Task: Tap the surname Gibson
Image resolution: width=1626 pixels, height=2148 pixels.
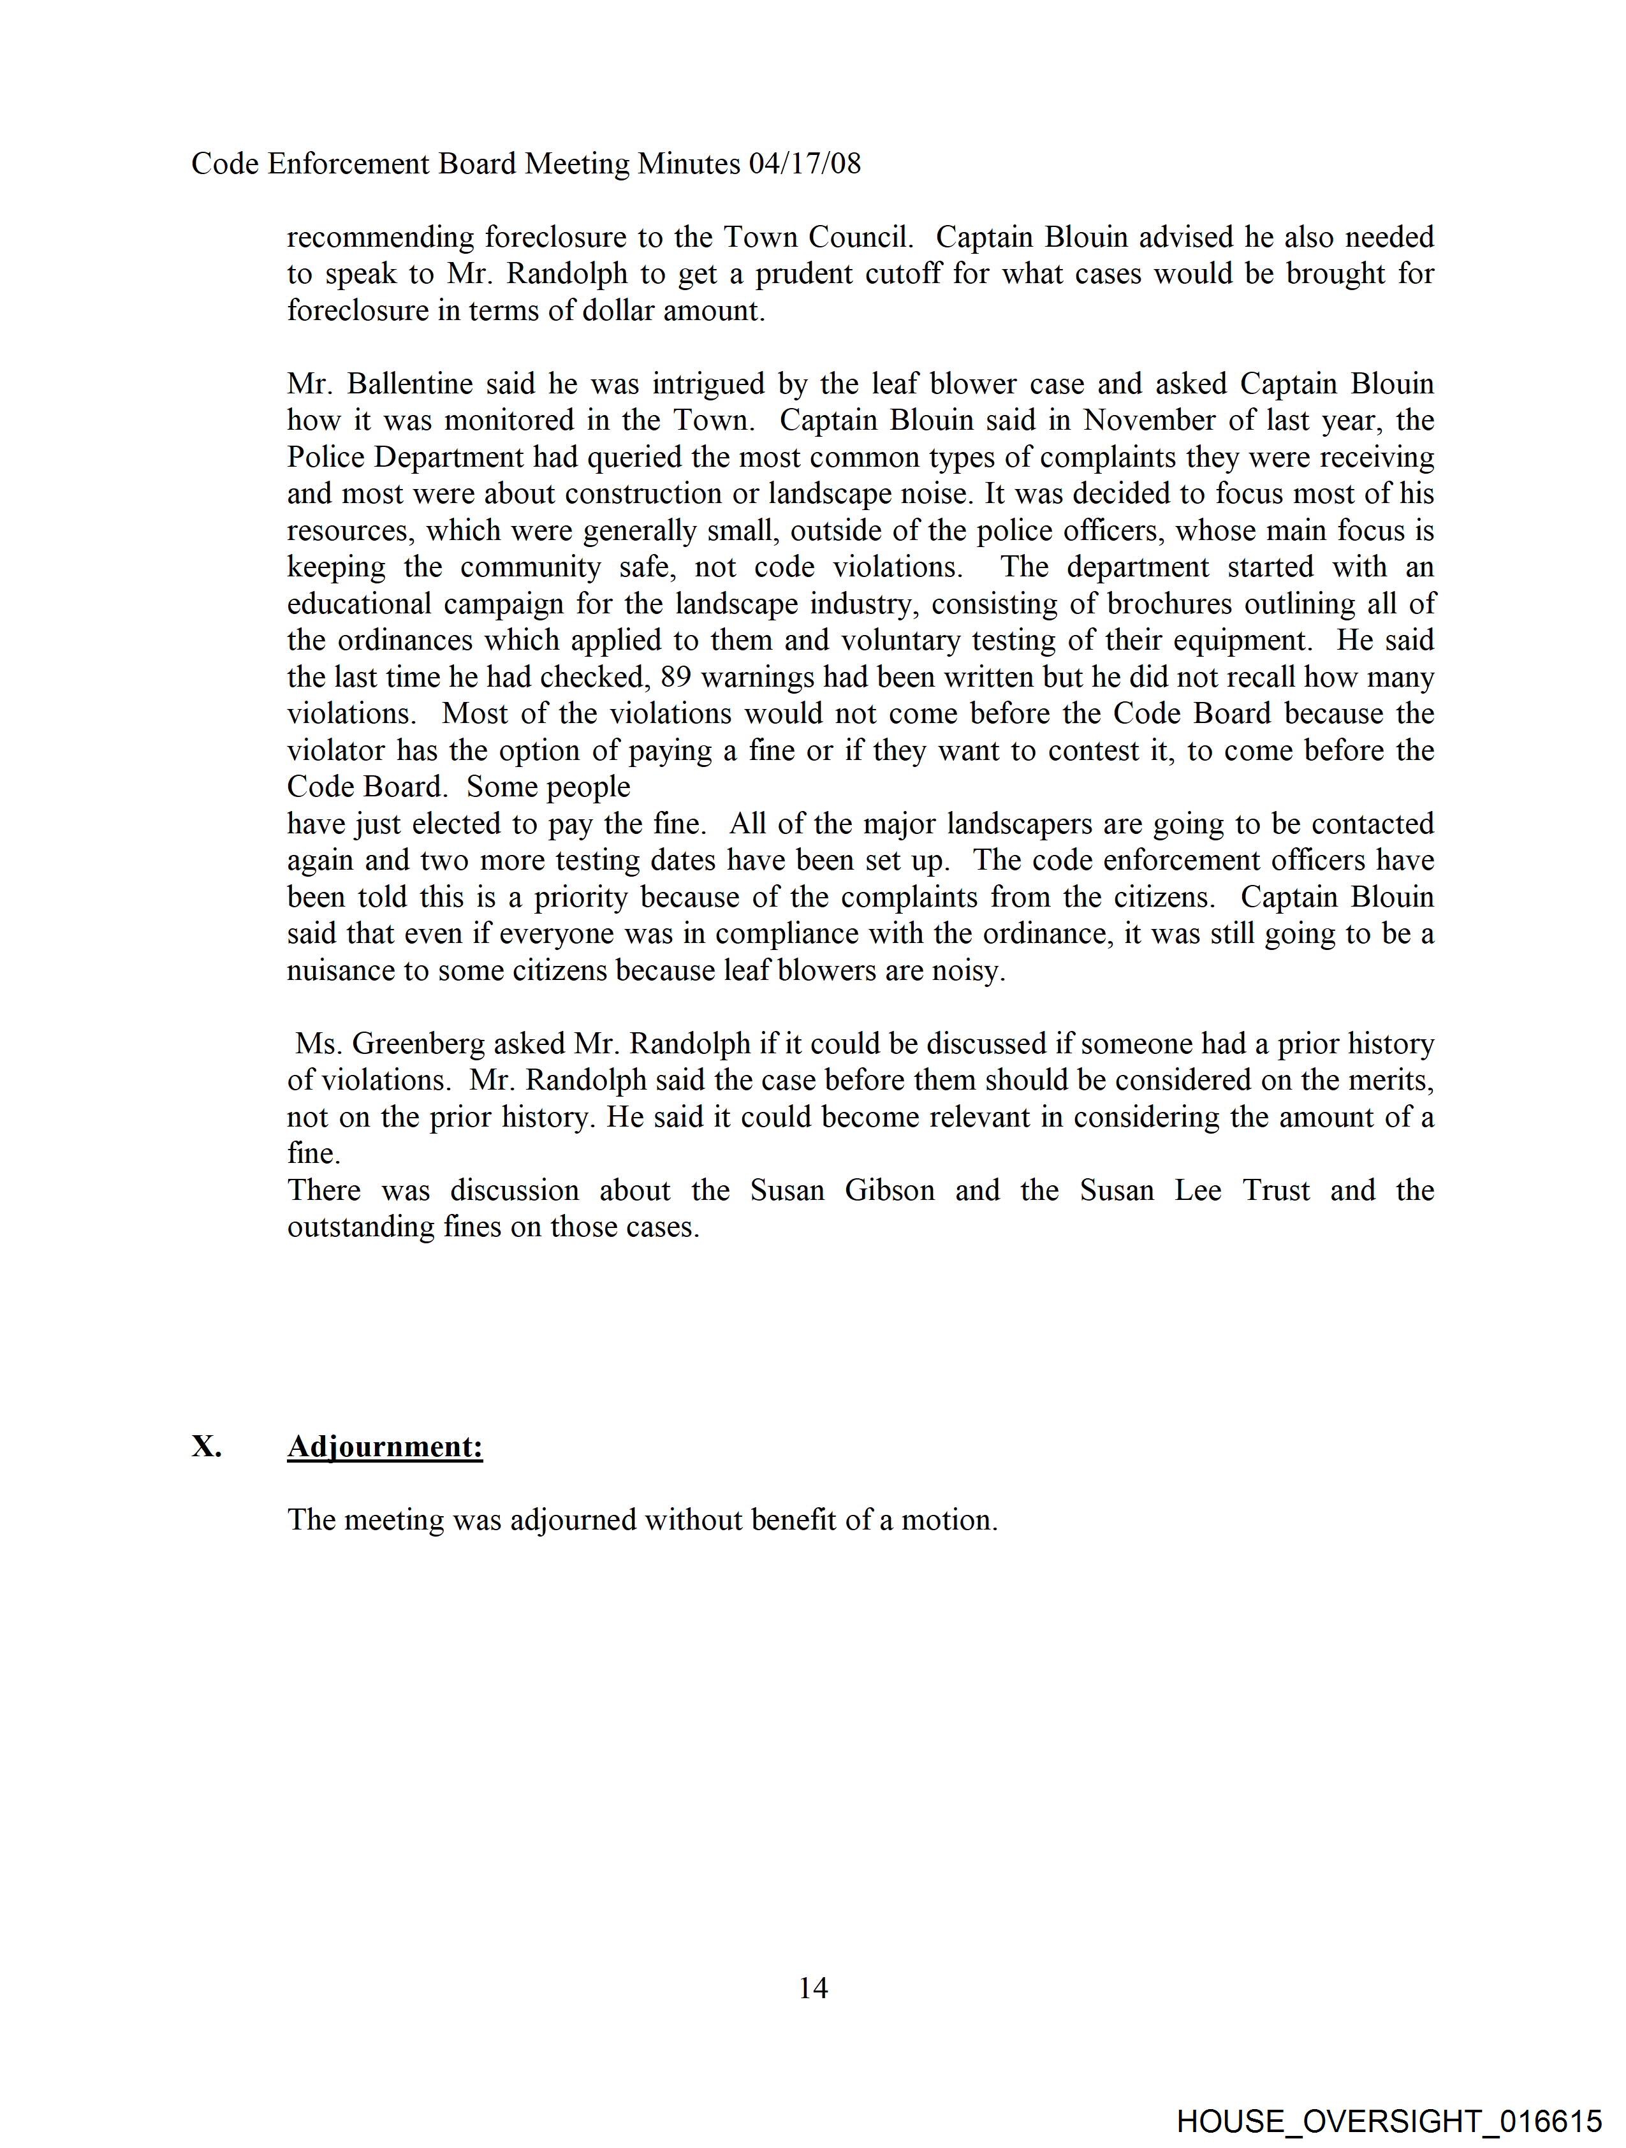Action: tap(889, 1190)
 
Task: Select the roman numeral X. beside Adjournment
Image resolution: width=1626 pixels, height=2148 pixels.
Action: tap(206, 1447)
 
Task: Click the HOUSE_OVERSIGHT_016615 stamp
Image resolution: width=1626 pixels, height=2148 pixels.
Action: tap(1389, 2121)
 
